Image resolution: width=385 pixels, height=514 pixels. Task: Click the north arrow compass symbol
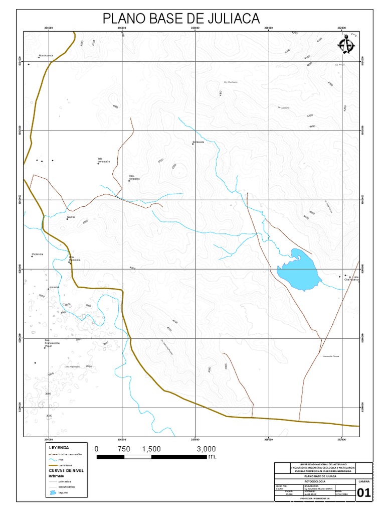tap(344, 45)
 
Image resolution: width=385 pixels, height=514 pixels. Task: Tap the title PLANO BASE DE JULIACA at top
tap(181, 19)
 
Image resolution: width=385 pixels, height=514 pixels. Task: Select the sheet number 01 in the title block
tap(364, 494)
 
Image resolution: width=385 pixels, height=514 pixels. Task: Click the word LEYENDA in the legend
tap(58, 447)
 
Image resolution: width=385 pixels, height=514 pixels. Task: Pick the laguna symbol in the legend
tap(53, 493)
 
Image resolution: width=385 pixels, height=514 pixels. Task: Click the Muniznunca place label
tap(46, 56)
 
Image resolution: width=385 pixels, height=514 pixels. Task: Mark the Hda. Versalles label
tap(134, 177)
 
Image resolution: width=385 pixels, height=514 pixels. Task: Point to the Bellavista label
tap(200, 142)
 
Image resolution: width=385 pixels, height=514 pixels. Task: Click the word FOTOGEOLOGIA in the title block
tap(314, 482)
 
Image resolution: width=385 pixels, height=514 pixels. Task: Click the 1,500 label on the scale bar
tap(151, 449)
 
